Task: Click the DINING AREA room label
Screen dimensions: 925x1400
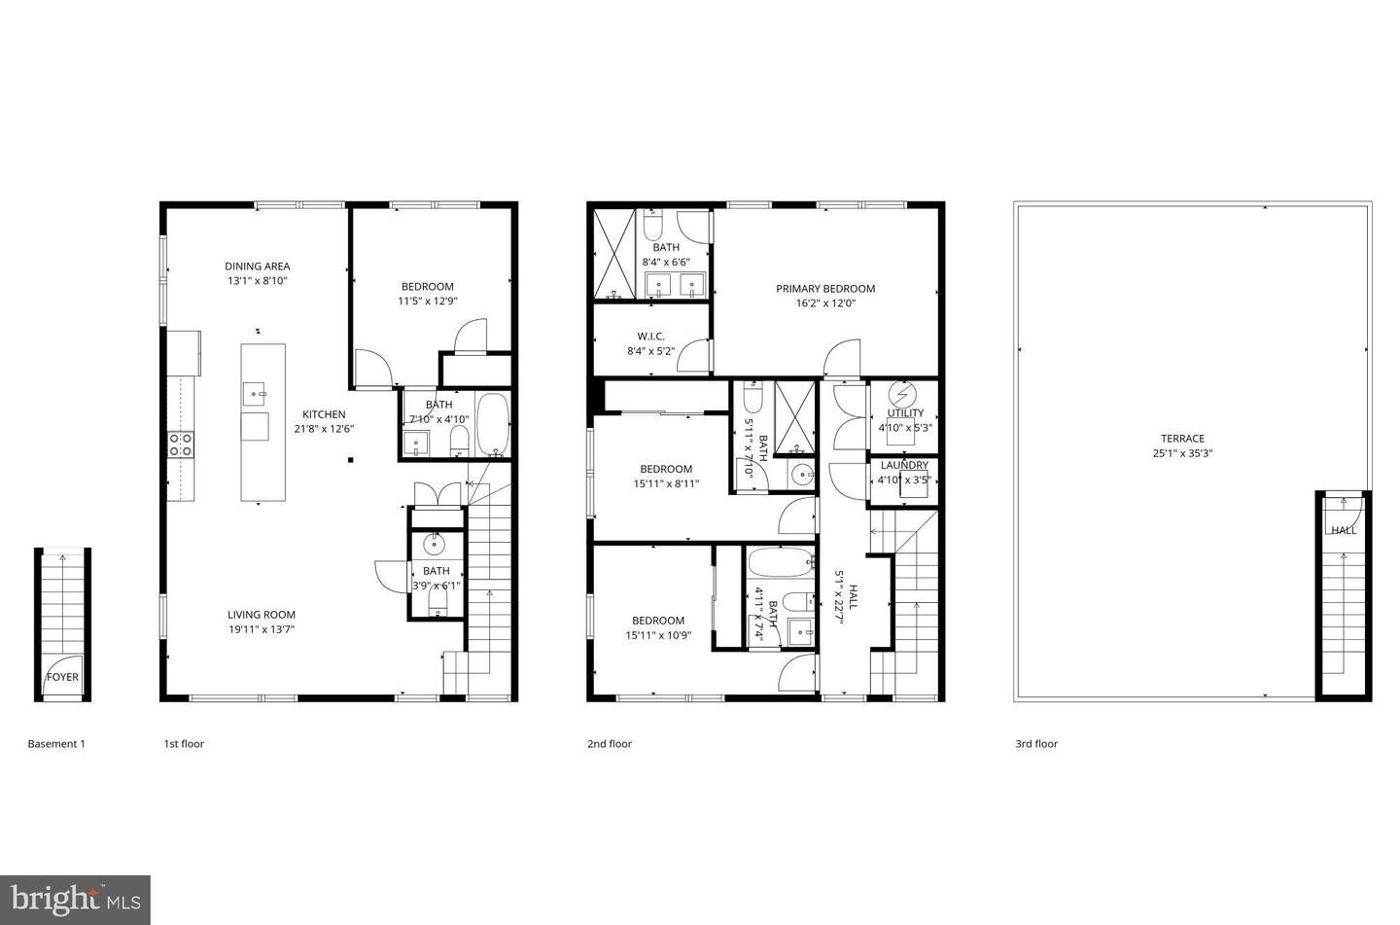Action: pyautogui.click(x=257, y=267)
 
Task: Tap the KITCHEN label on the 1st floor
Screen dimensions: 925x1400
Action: pyautogui.click(x=324, y=414)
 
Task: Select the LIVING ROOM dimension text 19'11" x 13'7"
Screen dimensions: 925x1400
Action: pyautogui.click(x=262, y=629)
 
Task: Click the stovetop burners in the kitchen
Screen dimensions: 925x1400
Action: pyautogui.click(x=181, y=445)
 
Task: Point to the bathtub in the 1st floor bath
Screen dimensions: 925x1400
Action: pyautogui.click(x=492, y=425)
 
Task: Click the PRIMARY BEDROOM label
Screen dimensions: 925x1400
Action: pyautogui.click(x=824, y=289)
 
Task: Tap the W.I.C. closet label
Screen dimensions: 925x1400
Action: pyautogui.click(x=650, y=337)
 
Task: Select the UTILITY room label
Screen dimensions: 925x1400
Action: pyautogui.click(x=905, y=413)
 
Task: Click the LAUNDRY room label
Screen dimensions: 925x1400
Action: pyautogui.click(x=904, y=466)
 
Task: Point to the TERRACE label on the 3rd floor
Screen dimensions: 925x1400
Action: pyautogui.click(x=1182, y=439)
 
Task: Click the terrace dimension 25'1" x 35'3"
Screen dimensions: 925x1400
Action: pyautogui.click(x=1182, y=453)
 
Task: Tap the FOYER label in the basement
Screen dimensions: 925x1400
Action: pyautogui.click(x=63, y=677)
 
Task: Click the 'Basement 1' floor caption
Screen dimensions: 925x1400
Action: pyautogui.click(x=56, y=744)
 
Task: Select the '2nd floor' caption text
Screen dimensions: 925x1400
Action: pyautogui.click(x=610, y=744)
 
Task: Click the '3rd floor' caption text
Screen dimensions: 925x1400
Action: pyautogui.click(x=1036, y=744)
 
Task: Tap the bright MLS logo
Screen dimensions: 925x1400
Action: pyautogui.click(x=76, y=899)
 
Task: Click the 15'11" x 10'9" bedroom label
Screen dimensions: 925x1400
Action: pyautogui.click(x=658, y=621)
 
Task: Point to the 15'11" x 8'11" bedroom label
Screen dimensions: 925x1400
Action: pyautogui.click(x=666, y=469)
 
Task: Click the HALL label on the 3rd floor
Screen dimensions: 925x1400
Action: pyautogui.click(x=1344, y=530)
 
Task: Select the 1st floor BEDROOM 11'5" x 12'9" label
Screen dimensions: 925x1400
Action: pyautogui.click(x=428, y=287)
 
